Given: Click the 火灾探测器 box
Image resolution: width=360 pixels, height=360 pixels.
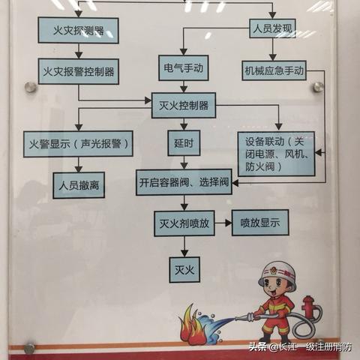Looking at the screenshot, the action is coord(78,30).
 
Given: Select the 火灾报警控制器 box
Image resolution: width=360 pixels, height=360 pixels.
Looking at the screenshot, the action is coord(79,71).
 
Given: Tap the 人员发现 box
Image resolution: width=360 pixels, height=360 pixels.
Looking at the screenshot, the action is coord(273,28).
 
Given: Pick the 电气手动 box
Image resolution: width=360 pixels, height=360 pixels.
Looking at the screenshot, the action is coord(184,68).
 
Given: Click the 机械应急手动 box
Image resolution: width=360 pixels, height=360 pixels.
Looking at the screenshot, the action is coord(274,70).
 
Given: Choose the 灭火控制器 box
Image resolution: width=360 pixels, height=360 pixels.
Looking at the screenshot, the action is coord(184,106).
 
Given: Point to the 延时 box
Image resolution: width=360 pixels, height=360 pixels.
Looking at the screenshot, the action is coord(184,143).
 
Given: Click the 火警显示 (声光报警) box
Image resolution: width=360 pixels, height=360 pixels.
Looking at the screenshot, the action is coord(78,144).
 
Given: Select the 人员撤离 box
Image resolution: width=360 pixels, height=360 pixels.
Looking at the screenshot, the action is coord(79,185).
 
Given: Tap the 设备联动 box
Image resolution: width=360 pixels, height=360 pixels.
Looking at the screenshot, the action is coord(276,154).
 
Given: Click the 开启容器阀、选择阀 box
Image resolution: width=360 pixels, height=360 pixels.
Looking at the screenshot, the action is coord(184,182).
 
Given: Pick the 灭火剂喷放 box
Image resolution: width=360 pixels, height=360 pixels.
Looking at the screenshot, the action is coord(184,223).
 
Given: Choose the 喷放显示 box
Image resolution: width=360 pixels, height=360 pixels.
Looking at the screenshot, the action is coord(260,223).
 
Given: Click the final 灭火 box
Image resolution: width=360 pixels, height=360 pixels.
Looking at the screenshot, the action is coord(184,270).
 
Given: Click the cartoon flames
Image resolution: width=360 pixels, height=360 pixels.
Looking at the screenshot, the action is coord(193,325).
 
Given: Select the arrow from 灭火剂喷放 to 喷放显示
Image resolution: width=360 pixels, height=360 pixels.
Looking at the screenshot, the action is coord(223,223).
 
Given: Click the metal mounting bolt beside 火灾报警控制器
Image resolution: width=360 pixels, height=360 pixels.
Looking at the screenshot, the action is coord(31,87).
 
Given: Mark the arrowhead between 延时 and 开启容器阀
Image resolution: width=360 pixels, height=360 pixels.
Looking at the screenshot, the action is coord(184,166).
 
